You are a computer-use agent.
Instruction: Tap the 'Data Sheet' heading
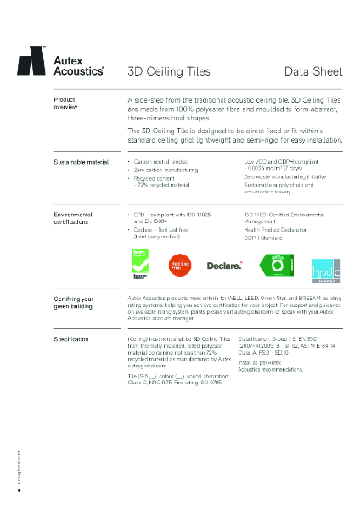coord(313,71)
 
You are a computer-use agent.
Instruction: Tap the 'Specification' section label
coord(71,338)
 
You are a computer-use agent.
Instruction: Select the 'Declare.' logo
coord(225,266)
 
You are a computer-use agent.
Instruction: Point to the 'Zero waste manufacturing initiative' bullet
coord(286,176)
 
